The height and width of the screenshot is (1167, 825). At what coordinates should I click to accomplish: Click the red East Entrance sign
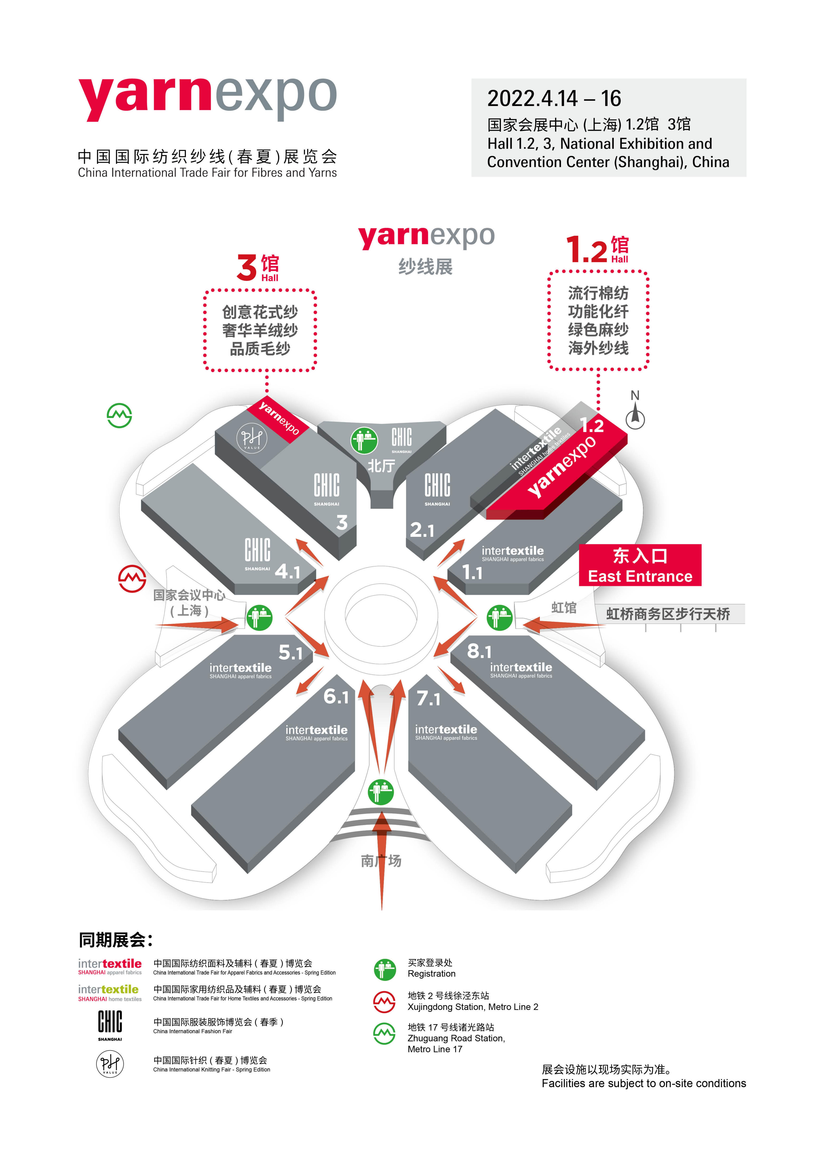(640, 565)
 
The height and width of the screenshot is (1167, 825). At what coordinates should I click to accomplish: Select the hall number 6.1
(336, 696)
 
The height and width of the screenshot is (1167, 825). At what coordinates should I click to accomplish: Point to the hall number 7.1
(428, 698)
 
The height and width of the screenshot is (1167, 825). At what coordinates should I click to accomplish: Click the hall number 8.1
(479, 651)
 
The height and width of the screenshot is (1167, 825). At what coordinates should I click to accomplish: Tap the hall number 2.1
(422, 530)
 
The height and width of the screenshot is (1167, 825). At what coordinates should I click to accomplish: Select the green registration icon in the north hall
(364, 440)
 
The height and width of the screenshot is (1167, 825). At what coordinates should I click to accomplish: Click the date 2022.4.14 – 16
(554, 99)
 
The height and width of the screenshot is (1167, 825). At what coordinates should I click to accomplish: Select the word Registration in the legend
(432, 973)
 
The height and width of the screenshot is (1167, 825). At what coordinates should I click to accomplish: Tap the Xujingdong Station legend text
(473, 1006)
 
